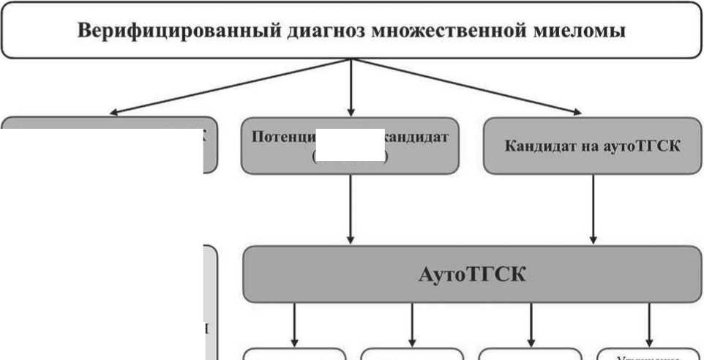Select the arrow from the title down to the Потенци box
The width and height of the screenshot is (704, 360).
pos(352,88)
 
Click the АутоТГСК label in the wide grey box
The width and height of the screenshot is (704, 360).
pos(473,275)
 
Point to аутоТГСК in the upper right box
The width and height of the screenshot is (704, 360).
pos(644,146)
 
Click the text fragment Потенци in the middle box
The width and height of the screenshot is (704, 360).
pos(282,137)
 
